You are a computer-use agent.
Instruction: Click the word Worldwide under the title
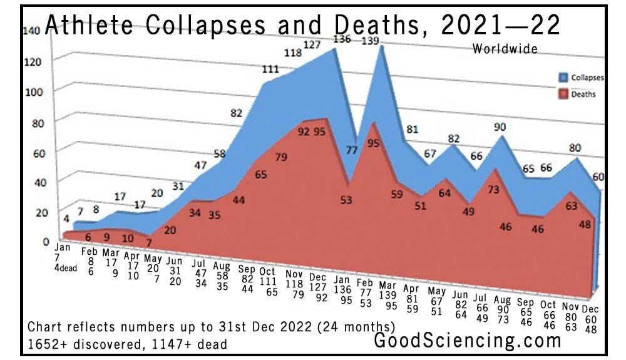click(x=505, y=49)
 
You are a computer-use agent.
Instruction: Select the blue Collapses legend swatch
click(x=562, y=78)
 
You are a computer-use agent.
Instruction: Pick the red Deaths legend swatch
click(x=562, y=95)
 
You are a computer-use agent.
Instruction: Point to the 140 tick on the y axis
click(x=33, y=30)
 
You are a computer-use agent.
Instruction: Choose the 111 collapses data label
click(x=270, y=69)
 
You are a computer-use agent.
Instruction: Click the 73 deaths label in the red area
click(x=494, y=189)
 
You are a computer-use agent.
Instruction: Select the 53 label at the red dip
click(x=346, y=200)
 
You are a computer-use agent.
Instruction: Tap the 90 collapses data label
click(x=500, y=128)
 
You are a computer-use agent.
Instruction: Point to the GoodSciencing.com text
click(x=468, y=341)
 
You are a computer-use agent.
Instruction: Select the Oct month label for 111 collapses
click(x=267, y=272)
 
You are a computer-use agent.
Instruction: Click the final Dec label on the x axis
click(x=590, y=309)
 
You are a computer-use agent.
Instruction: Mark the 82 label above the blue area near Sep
click(x=236, y=113)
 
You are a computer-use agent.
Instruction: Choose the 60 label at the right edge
click(x=598, y=177)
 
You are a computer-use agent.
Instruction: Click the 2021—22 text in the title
click(x=500, y=26)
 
